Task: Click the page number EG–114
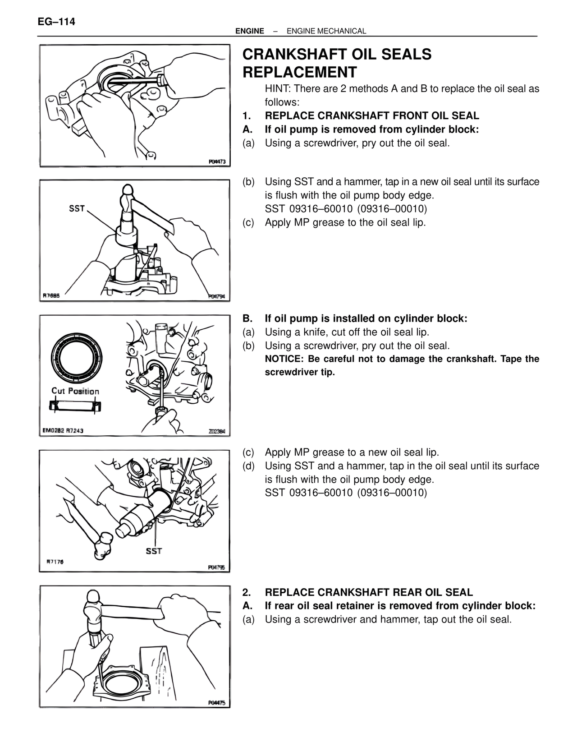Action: point(56,22)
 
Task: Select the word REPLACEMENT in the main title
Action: point(299,72)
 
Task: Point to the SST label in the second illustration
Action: point(77,208)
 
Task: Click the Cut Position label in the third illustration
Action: point(75,391)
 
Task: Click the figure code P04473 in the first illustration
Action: point(217,161)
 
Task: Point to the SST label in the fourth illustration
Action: point(154,551)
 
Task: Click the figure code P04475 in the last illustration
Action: point(217,703)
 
